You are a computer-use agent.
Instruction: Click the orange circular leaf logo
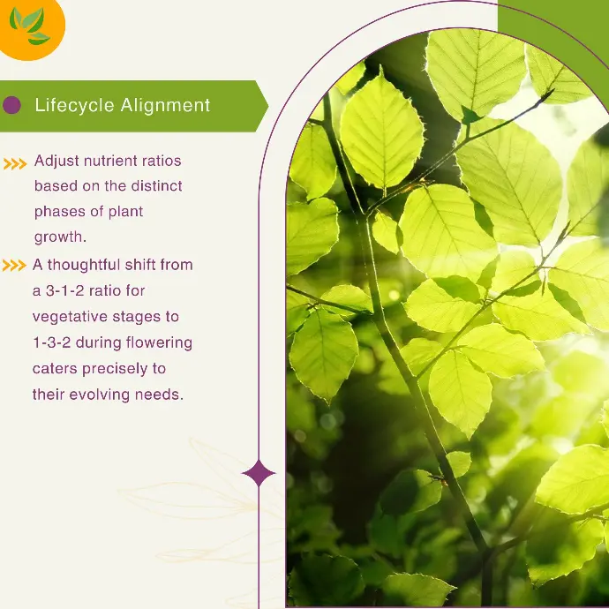point(30,28)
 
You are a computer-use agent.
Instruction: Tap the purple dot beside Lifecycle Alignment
point(11,105)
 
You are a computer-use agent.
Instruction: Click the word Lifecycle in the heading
point(74,106)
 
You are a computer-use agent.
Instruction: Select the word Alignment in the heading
point(165,106)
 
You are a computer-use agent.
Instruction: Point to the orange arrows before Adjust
point(15,164)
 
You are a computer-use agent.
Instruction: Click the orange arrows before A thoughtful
point(14,266)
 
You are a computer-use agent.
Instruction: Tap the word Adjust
point(56,162)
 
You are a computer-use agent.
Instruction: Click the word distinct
point(156,186)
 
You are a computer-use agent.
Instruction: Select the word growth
point(60,237)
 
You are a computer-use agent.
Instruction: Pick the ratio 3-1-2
point(64,291)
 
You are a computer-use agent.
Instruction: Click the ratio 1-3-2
point(52,343)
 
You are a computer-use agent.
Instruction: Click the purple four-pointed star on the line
point(259,473)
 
